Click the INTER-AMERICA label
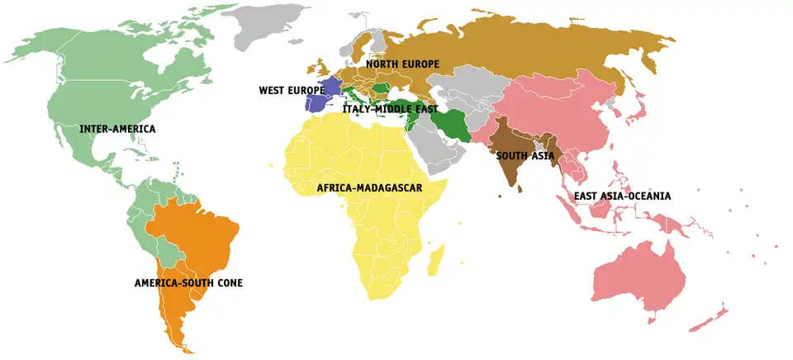click(117, 130)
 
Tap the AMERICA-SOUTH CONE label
click(188, 283)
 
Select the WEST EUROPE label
click(292, 90)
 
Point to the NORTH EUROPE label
click(402, 64)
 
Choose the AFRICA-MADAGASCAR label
click(369, 188)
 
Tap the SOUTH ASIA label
click(525, 154)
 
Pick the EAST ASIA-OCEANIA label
click(623, 197)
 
